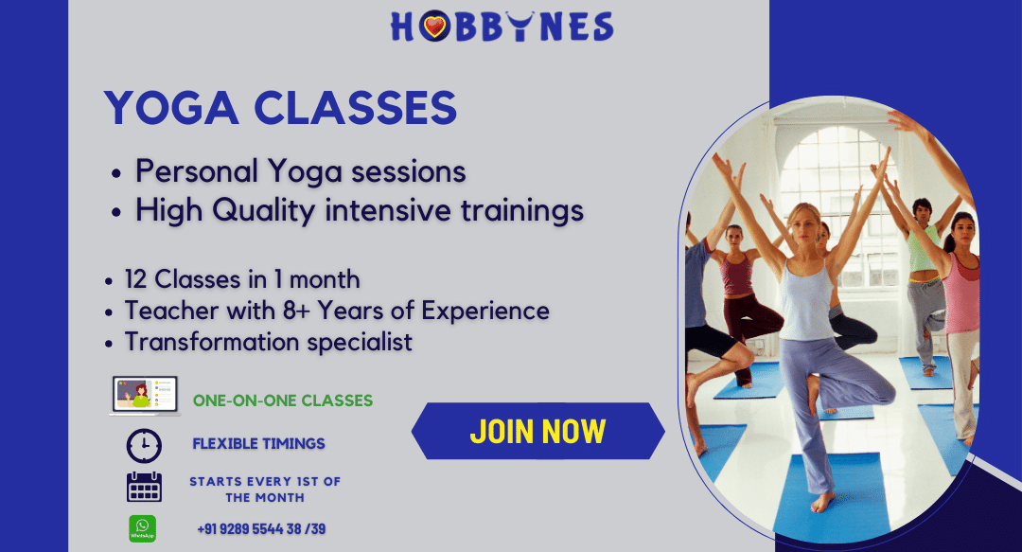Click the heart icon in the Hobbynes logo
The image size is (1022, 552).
pyautogui.click(x=434, y=27)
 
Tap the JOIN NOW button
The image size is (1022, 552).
pyautogui.click(x=537, y=432)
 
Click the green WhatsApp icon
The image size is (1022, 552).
pyautogui.click(x=142, y=528)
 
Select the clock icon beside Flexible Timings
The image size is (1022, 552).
pyautogui.click(x=144, y=446)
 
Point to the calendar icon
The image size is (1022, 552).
pyautogui.click(x=144, y=487)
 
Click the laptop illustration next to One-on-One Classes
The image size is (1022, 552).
pyautogui.click(x=145, y=396)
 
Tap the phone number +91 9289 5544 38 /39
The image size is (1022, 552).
pyautogui.click(x=261, y=529)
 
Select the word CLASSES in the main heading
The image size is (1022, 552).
pyautogui.click(x=355, y=108)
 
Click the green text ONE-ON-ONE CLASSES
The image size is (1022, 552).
pyautogui.click(x=283, y=400)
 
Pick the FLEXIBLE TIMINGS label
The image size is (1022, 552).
pyautogui.click(x=258, y=444)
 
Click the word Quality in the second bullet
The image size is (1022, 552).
pyautogui.click(x=263, y=211)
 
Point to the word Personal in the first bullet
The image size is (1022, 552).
pyautogui.click(x=197, y=171)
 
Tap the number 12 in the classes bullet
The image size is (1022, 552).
pyautogui.click(x=135, y=279)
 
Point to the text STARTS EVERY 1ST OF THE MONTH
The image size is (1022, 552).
pyautogui.click(x=265, y=490)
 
